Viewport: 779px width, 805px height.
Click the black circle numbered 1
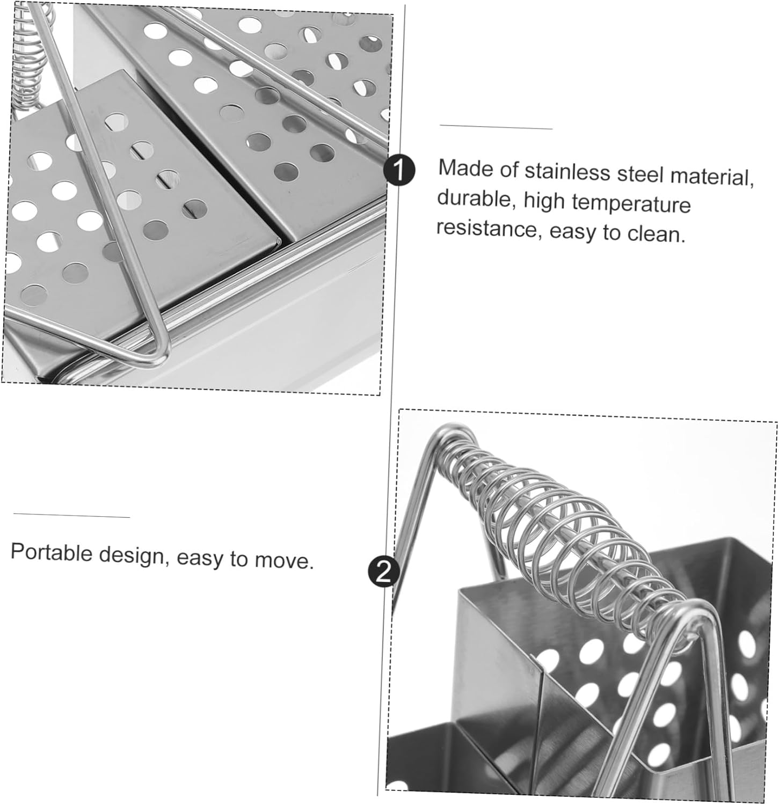click(x=399, y=171)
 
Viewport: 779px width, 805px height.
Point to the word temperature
click(x=631, y=204)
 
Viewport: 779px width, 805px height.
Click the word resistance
click(x=486, y=228)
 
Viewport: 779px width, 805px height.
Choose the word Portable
click(x=52, y=552)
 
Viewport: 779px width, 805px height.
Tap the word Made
click(x=464, y=168)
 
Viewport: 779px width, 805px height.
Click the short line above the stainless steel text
click(x=496, y=127)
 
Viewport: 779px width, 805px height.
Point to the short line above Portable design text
click(x=71, y=515)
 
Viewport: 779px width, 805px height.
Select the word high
click(x=544, y=201)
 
